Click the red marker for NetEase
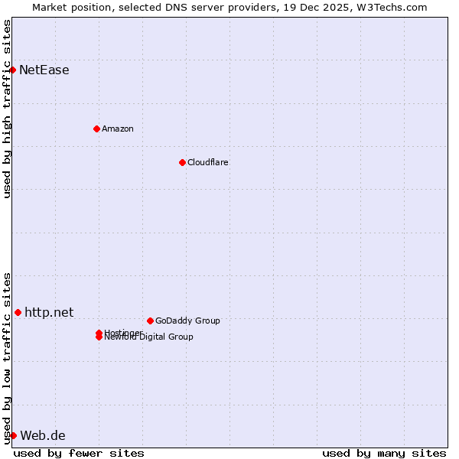click(x=12, y=70)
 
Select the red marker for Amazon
click(x=96, y=129)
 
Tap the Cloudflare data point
click(x=182, y=162)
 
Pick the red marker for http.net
click(x=18, y=312)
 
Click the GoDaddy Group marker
click(x=150, y=321)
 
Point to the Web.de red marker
click(x=13, y=436)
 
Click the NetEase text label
click(x=44, y=70)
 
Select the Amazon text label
click(x=118, y=129)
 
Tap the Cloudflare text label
click(x=208, y=162)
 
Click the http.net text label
click(x=49, y=312)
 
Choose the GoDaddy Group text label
click(x=187, y=321)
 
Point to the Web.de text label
click(x=43, y=436)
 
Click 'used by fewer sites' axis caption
click(x=79, y=453)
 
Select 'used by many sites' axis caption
click(x=384, y=453)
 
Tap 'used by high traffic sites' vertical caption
click(x=7, y=109)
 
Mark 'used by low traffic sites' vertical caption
click(x=7, y=358)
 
